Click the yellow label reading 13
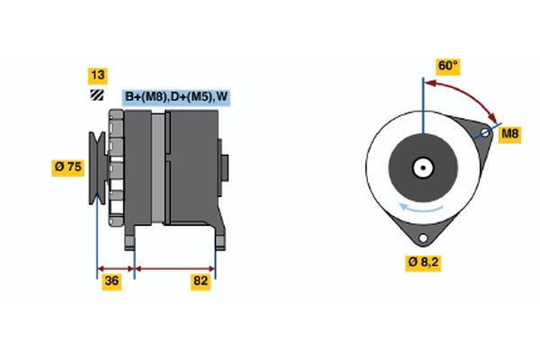click(98, 76)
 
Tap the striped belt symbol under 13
click(97, 95)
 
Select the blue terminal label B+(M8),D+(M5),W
click(176, 97)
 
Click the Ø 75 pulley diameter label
click(68, 167)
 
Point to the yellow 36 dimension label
click(112, 281)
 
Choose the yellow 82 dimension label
click(201, 281)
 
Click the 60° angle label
click(448, 66)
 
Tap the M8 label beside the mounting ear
click(510, 134)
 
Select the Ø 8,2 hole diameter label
click(423, 263)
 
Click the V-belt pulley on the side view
click(97, 167)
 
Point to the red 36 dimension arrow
click(116, 269)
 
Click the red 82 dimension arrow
click(175, 269)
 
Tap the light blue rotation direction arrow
click(421, 208)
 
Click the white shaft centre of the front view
click(423, 167)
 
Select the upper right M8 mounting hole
click(485, 132)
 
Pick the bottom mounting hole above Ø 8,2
click(423, 238)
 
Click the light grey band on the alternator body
click(158, 168)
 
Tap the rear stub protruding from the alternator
click(224, 167)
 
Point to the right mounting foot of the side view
click(220, 238)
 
